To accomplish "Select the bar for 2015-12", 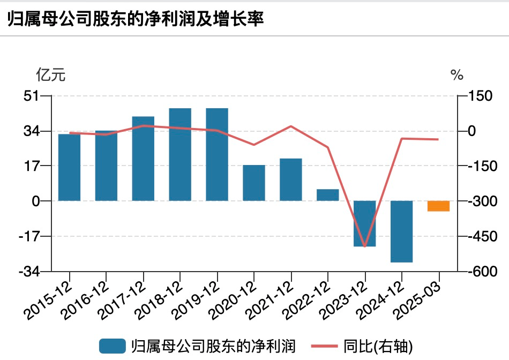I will (x=69, y=167).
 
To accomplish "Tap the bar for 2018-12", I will (x=180, y=154).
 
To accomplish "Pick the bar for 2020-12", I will (x=254, y=183).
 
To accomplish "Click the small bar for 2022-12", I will (x=328, y=195).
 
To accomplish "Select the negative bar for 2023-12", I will (x=365, y=223).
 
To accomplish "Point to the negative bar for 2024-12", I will (x=402, y=231).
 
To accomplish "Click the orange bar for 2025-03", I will (x=438, y=206).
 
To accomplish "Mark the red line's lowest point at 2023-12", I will (x=365, y=246).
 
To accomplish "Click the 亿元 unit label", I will (x=50, y=75).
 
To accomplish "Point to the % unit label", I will (x=457, y=76).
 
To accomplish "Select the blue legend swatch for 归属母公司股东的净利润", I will (x=113, y=346).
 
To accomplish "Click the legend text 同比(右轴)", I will (x=378, y=346).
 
